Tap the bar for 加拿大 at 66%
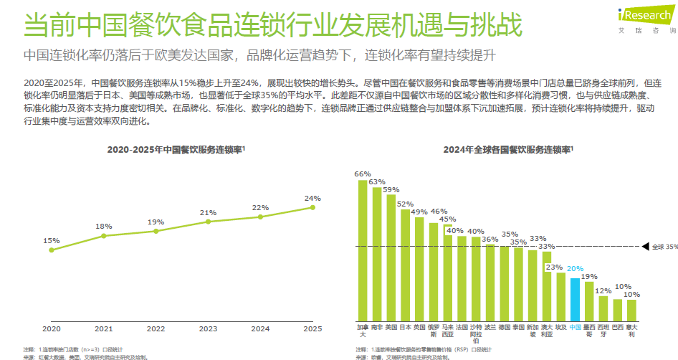coord(363,250)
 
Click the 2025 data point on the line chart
coord(312,207)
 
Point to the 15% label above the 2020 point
coord(52,240)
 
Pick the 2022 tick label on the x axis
coord(156,328)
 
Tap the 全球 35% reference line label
coord(664,247)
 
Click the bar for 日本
coord(405,265)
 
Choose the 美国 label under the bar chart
coord(391,326)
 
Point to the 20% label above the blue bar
coord(575,269)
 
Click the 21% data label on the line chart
coord(208,212)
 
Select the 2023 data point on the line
coord(208,222)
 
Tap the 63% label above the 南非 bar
coord(377,181)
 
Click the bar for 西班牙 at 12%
coord(603,308)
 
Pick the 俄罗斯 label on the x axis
coord(434,330)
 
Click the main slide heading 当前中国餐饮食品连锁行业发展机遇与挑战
coord(272,23)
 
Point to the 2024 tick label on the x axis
coord(260,328)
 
